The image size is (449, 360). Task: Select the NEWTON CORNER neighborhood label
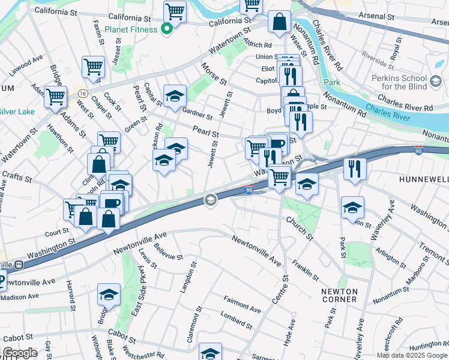(x=340, y=295)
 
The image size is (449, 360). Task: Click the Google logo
(x=20, y=352)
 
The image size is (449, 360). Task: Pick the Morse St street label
(x=214, y=74)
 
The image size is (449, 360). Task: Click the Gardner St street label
(x=197, y=113)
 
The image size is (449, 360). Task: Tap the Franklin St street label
(x=305, y=269)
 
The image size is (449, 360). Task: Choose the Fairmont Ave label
(x=242, y=304)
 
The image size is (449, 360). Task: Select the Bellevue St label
(x=168, y=251)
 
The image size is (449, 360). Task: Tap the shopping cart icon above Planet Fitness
(x=175, y=10)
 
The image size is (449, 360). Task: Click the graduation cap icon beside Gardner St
(x=175, y=96)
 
